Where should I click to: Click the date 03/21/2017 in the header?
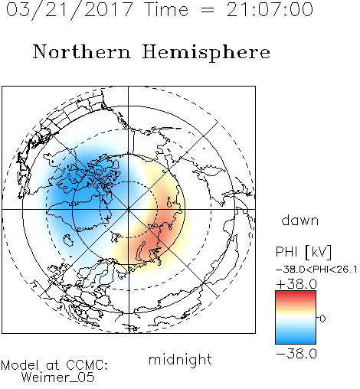[69, 10]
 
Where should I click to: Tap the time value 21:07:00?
[270, 9]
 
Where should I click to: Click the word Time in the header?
[166, 9]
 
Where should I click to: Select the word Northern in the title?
[82, 52]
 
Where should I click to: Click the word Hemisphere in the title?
[206, 53]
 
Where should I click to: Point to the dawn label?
[300, 221]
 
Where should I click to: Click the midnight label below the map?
[180, 360]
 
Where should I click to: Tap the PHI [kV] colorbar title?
[303, 252]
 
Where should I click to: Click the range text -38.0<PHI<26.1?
[316, 270]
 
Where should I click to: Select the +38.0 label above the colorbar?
[296, 284]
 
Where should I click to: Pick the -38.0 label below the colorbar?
[296, 354]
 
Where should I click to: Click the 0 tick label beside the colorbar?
[322, 319]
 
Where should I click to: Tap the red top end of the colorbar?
[296, 293]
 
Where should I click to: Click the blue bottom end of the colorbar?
[296, 342]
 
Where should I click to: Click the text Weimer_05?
[58, 378]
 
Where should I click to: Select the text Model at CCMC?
[54, 365]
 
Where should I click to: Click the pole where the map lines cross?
[128, 209]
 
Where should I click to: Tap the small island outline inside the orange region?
[169, 201]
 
